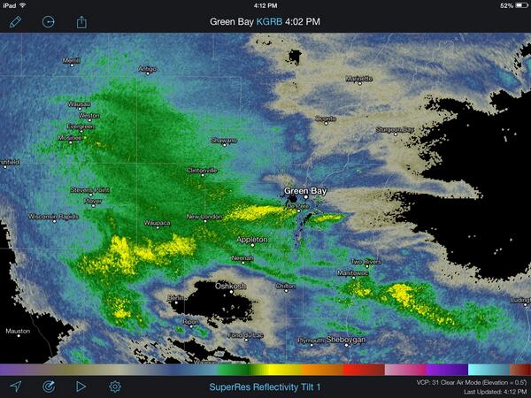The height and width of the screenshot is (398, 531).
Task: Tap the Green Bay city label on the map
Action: point(305,190)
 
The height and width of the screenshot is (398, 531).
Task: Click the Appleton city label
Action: point(252,240)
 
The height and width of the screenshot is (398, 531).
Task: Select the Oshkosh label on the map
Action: point(231,287)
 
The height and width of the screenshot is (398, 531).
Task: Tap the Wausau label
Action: point(80,104)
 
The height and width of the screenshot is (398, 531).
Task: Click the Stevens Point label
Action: point(90,189)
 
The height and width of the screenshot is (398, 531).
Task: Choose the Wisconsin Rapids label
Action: point(55,216)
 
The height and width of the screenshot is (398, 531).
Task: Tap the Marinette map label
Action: point(358,78)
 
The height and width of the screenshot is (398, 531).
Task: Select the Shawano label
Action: point(223,141)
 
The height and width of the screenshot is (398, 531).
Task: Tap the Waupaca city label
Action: point(158,223)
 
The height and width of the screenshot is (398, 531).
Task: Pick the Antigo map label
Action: point(147,69)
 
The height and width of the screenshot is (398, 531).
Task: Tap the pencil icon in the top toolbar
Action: point(15,21)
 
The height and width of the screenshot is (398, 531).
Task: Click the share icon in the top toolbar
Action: point(81,21)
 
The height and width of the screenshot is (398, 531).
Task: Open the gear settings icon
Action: point(115,387)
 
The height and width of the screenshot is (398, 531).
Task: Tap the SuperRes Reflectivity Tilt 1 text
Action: point(265,387)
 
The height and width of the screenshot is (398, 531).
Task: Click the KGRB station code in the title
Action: point(267,21)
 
